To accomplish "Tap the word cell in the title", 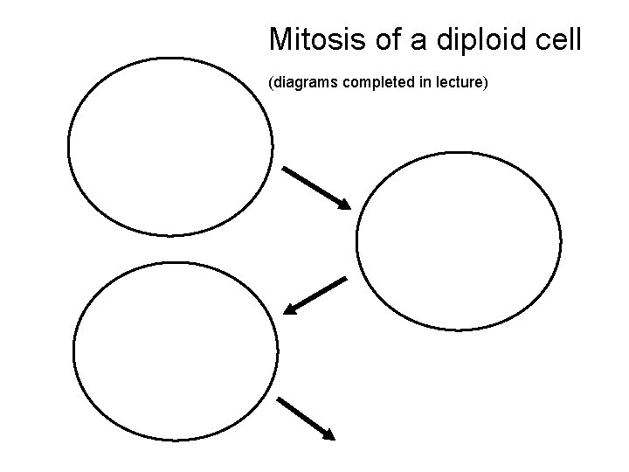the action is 556,39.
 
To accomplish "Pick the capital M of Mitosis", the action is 281,39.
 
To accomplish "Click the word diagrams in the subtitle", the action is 305,85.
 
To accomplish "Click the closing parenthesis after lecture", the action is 497,85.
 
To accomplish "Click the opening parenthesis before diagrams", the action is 271,85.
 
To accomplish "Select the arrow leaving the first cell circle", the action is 315,187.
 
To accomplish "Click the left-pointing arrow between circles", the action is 316,295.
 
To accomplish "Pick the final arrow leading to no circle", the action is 305,418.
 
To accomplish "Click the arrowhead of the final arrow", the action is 328,434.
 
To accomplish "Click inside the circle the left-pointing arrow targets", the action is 176,353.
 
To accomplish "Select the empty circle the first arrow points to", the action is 460,241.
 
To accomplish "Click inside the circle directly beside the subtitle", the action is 170,147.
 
